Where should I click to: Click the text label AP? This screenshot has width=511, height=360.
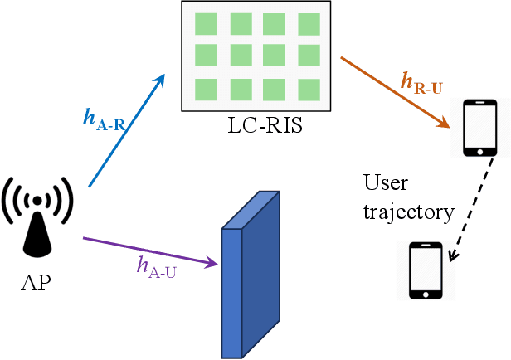(35, 283)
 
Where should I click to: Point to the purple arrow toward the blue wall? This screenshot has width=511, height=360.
(149, 252)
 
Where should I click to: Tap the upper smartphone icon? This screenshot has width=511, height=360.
(479, 128)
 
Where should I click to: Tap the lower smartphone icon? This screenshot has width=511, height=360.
(425, 270)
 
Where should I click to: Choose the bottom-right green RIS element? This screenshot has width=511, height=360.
(309, 89)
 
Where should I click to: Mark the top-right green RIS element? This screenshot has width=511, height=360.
(309, 24)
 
